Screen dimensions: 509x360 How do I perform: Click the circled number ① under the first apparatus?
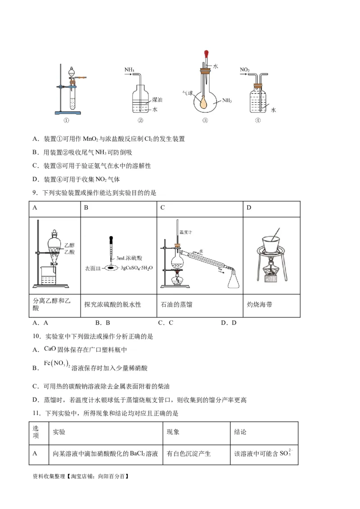pos(66,120)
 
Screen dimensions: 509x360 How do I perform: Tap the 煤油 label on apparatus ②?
pos(157,100)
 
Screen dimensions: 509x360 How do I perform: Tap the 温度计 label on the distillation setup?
pos(186,232)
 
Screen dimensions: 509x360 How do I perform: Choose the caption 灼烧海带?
pos(260,304)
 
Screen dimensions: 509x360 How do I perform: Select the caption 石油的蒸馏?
pos(176,304)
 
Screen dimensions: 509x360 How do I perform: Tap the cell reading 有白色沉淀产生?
pos(189,454)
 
